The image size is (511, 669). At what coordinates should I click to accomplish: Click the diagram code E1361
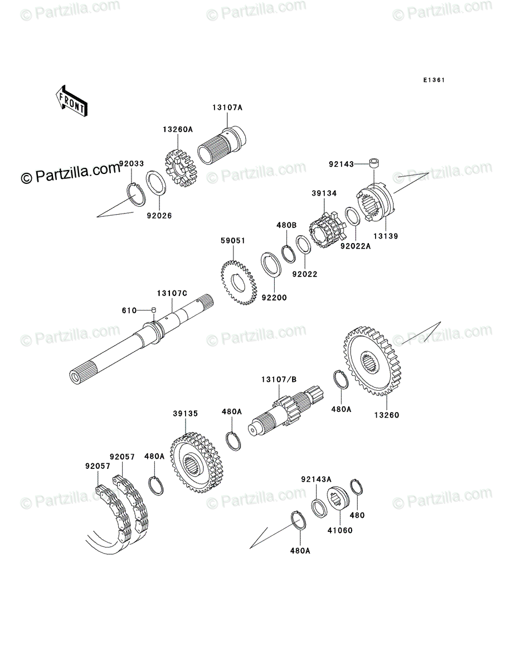coord(433,80)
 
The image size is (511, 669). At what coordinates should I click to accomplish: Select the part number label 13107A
coord(227,108)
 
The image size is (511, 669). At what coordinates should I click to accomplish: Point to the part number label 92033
coord(132,164)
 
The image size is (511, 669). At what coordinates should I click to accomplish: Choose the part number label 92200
coord(275,298)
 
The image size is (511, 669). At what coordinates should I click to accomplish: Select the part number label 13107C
coord(172,293)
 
